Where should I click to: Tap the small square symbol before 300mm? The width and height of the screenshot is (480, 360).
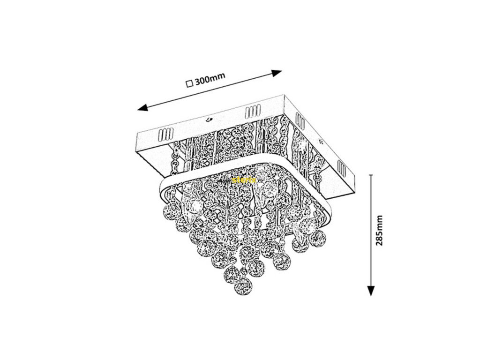tap(189, 84)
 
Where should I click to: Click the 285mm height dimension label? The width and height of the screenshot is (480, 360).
tap(380, 232)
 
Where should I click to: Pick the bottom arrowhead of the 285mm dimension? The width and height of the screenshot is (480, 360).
tap(371, 292)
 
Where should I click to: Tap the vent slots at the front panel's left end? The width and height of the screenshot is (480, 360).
tap(165, 135)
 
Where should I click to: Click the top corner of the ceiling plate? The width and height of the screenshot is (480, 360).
tap(285, 96)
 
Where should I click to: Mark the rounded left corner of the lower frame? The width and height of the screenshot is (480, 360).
tap(162, 182)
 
